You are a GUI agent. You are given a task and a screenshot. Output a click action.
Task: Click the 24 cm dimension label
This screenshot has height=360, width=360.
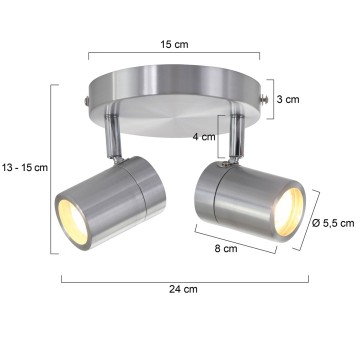pos(184,290)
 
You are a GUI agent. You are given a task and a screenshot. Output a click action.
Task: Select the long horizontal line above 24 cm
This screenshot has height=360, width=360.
pos(184,277)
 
